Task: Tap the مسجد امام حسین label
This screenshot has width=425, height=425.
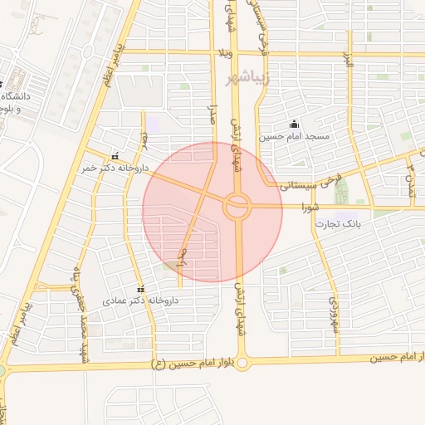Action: (295, 135)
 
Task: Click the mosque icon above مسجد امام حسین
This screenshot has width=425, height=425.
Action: (295, 124)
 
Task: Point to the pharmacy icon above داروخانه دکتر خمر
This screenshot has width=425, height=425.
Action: (115, 155)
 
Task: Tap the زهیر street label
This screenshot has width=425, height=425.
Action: (143, 139)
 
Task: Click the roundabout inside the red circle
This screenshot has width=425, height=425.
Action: (237, 206)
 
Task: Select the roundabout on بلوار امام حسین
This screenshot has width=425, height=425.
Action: (242, 362)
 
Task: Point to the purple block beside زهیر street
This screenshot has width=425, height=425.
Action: (153, 125)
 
